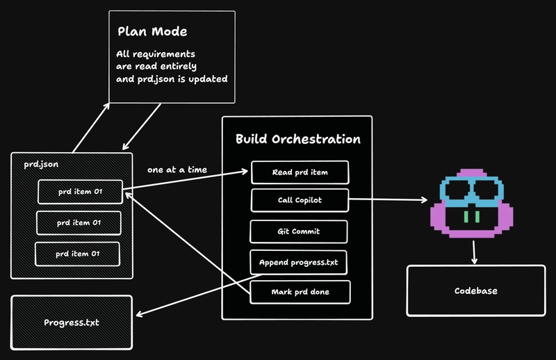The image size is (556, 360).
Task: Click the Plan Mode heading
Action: (152, 32)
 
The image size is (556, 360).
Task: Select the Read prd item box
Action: (300, 172)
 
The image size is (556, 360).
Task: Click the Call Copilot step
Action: (300, 200)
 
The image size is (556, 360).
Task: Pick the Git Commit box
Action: (299, 231)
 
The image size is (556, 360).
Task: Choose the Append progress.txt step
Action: (299, 262)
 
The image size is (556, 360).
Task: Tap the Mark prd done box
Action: (300, 292)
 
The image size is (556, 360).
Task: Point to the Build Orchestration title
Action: (297, 139)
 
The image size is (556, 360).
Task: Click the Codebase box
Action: (475, 291)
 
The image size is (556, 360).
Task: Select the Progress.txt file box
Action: (71, 322)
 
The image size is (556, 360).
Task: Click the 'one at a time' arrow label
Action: (177, 170)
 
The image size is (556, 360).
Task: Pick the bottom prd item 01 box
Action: (77, 254)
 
